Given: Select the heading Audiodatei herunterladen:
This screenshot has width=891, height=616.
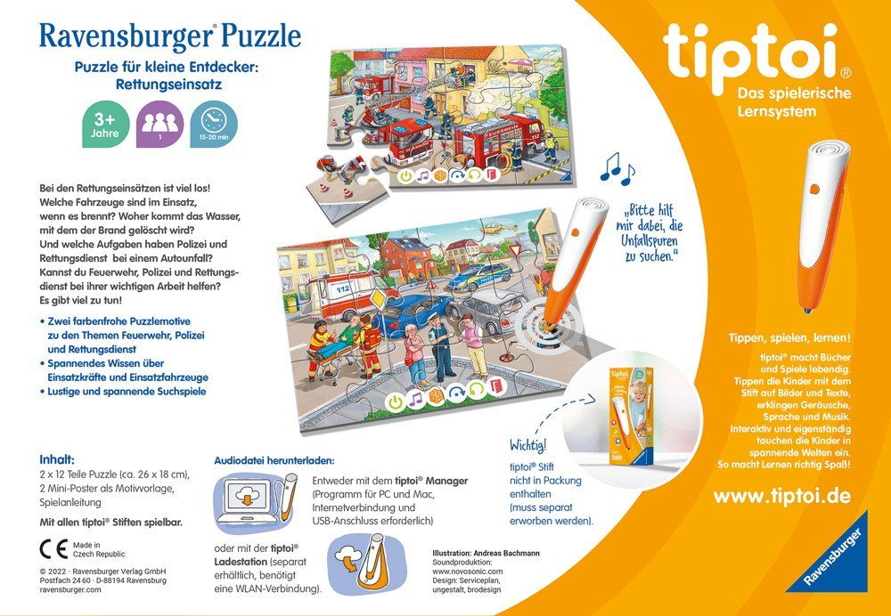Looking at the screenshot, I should tap(274, 460).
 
